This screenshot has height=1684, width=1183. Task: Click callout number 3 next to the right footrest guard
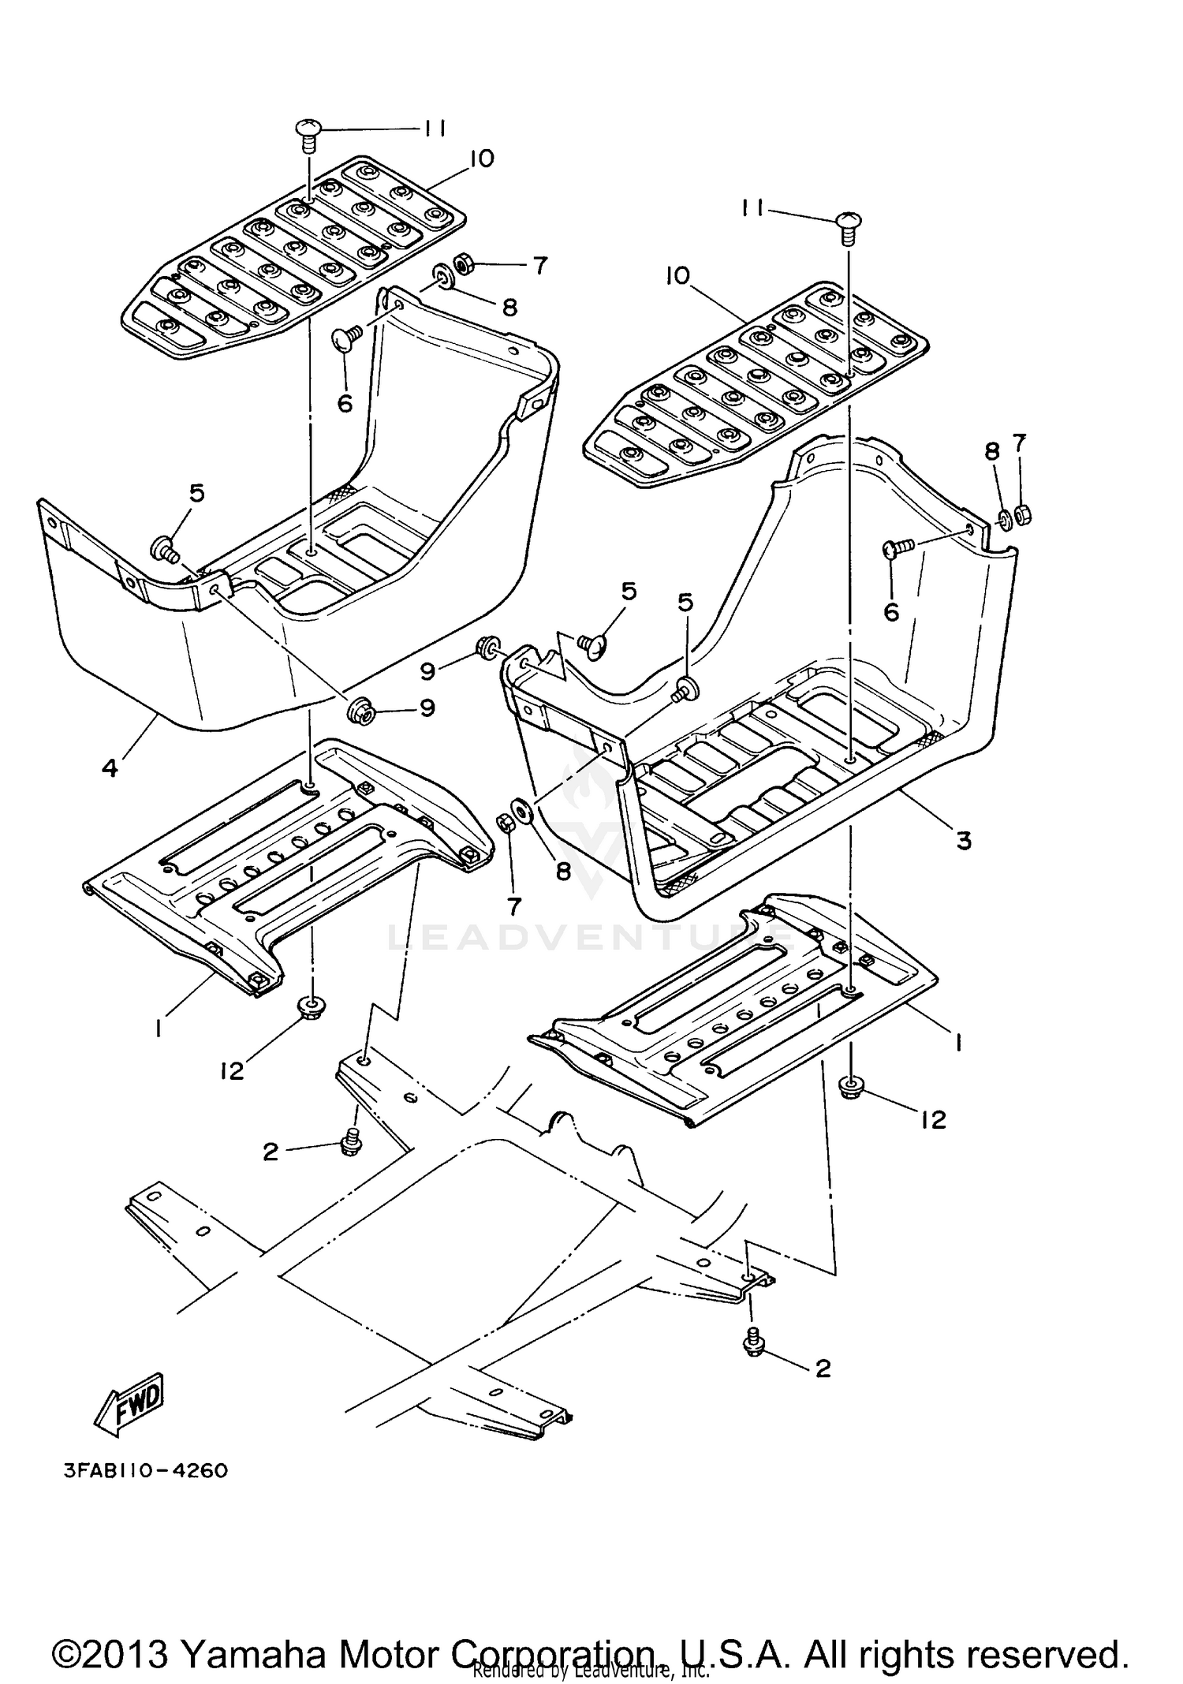[x=964, y=841]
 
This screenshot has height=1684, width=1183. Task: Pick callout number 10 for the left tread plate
[x=480, y=159]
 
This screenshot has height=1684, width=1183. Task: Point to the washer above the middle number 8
[x=523, y=810]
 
